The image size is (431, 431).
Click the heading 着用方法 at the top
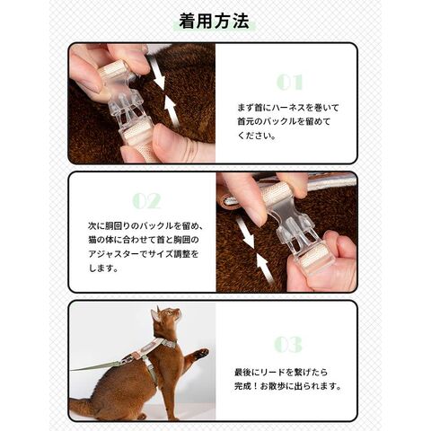pyautogui.click(x=214, y=21)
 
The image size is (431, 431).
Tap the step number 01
pyautogui.click(x=290, y=82)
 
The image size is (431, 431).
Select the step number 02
pyautogui.click(x=146, y=201)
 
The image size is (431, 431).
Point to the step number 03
pyautogui.click(x=288, y=344)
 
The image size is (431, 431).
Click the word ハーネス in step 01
pyautogui.click(x=286, y=108)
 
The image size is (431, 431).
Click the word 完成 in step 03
pyautogui.click(x=242, y=386)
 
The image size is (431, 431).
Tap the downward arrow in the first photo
pyautogui.click(x=158, y=73)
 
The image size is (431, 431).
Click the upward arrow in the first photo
pyautogui.click(x=172, y=111)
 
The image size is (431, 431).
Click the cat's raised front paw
pyautogui.click(x=200, y=354)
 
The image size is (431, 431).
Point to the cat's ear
pyautogui.click(x=155, y=315)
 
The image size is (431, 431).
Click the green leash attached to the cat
pyautogui.click(x=95, y=367)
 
